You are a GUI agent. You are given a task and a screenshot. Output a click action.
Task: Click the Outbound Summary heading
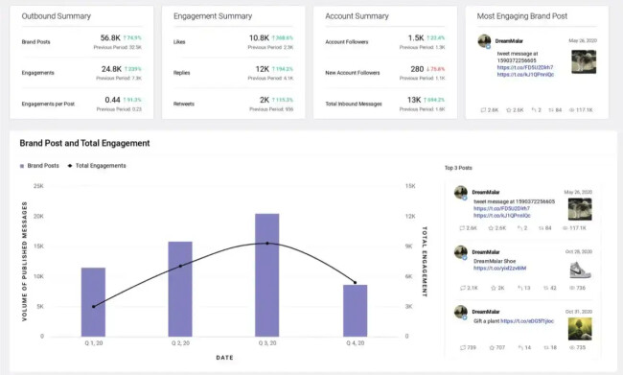click(x=57, y=16)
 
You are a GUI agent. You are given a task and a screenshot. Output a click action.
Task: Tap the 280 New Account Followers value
click(x=417, y=69)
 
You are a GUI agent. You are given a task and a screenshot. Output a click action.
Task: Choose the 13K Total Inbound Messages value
click(x=414, y=99)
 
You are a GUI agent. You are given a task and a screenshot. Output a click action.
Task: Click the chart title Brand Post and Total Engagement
click(x=84, y=143)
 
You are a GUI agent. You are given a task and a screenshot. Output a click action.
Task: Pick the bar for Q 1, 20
click(x=93, y=301)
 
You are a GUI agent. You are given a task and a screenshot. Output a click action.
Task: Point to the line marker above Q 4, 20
click(x=355, y=283)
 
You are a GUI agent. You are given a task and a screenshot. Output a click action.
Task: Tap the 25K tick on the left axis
click(x=38, y=186)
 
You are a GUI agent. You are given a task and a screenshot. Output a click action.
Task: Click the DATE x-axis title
click(x=223, y=358)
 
